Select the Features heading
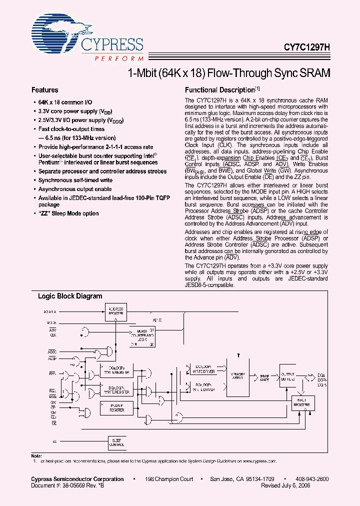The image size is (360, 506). pyautogui.click(x=45, y=90)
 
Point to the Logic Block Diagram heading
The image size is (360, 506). pyautogui.click(x=70, y=296)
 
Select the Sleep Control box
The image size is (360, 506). pyautogui.click(x=117, y=442)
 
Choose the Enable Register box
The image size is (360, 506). pyautogui.click(x=117, y=408)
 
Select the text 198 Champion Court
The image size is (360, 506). pyautogui.click(x=169, y=479)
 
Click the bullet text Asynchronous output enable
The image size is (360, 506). pyautogui.click(x=75, y=189)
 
